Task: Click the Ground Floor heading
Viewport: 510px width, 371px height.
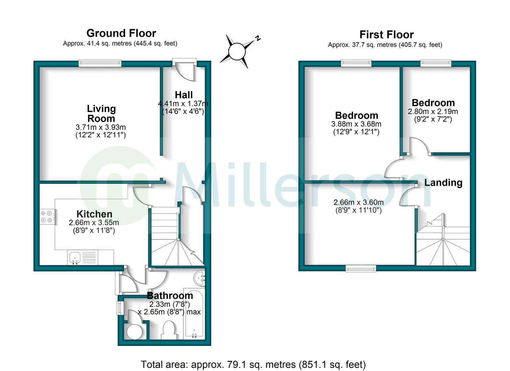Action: click(121, 33)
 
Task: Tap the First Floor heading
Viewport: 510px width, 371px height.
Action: click(386, 35)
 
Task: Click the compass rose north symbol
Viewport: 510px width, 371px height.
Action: click(237, 52)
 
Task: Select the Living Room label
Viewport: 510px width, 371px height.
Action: click(101, 114)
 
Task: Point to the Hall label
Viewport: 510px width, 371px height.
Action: click(183, 95)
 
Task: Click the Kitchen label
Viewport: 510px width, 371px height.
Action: click(94, 214)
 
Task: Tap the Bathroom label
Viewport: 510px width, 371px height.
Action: click(170, 295)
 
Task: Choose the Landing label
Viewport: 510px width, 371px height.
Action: click(443, 182)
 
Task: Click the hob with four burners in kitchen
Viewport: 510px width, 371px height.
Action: click(47, 216)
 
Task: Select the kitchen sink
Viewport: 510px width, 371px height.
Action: click(75, 257)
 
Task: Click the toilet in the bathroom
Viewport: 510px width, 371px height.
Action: click(169, 330)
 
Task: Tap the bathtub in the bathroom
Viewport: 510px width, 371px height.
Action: click(194, 313)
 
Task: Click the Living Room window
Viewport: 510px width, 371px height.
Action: click(100, 63)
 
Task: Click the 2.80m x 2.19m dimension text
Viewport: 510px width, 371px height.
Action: click(433, 111)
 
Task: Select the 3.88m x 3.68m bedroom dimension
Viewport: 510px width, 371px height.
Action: click(356, 124)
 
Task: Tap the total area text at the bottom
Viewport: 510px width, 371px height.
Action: click(253, 364)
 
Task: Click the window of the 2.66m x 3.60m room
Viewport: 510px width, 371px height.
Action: click(361, 268)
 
